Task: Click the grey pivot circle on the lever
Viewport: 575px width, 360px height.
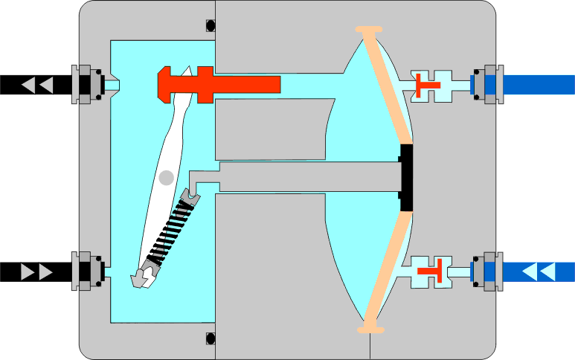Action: tap(166, 177)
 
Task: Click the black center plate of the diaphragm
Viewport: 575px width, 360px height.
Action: tap(406, 178)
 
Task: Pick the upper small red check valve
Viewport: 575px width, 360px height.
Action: tap(427, 84)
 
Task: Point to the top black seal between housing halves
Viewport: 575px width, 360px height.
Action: tap(210, 25)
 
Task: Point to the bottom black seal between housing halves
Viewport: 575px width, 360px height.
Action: tap(210, 339)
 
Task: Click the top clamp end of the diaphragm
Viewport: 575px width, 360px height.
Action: tap(369, 30)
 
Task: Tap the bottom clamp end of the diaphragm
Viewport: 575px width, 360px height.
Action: tap(370, 327)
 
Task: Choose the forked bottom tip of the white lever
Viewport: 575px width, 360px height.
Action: tap(143, 279)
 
